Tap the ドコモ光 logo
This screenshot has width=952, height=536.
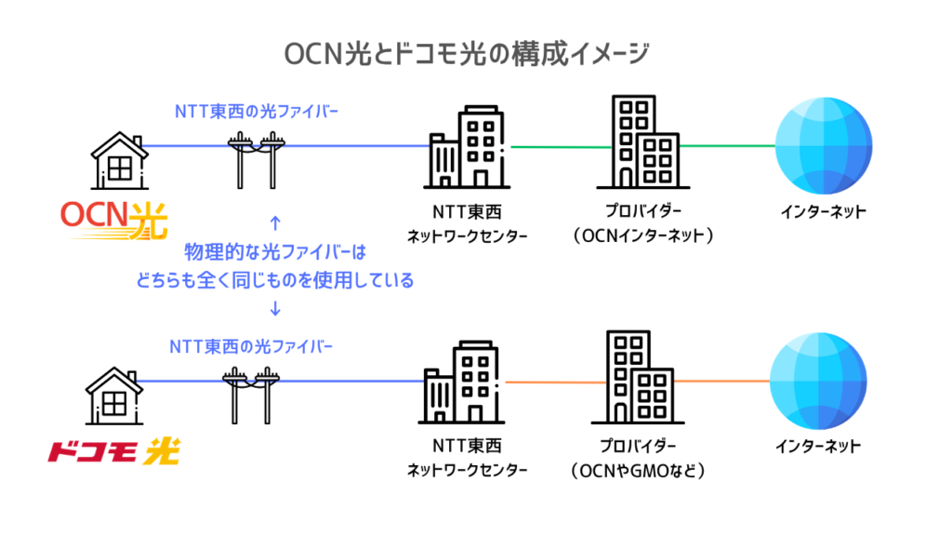113,453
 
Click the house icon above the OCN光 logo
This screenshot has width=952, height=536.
119,159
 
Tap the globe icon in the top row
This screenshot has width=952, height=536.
823,146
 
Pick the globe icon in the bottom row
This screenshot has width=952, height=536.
818,381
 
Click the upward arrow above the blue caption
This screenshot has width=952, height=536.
274,222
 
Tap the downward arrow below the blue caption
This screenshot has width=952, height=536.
274,308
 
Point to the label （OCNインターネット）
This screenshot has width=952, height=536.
644,235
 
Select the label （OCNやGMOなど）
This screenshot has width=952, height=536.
639,470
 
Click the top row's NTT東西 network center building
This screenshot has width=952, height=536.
467,150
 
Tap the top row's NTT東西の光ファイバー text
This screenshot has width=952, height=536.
257,111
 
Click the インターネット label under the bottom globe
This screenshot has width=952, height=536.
818,447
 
